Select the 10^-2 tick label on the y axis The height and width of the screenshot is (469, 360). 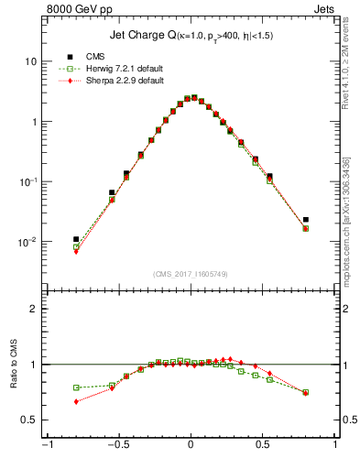27,242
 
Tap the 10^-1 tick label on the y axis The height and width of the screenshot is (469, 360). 27,181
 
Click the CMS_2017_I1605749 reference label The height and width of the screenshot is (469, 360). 191,274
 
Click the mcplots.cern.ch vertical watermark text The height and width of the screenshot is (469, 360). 352,220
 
